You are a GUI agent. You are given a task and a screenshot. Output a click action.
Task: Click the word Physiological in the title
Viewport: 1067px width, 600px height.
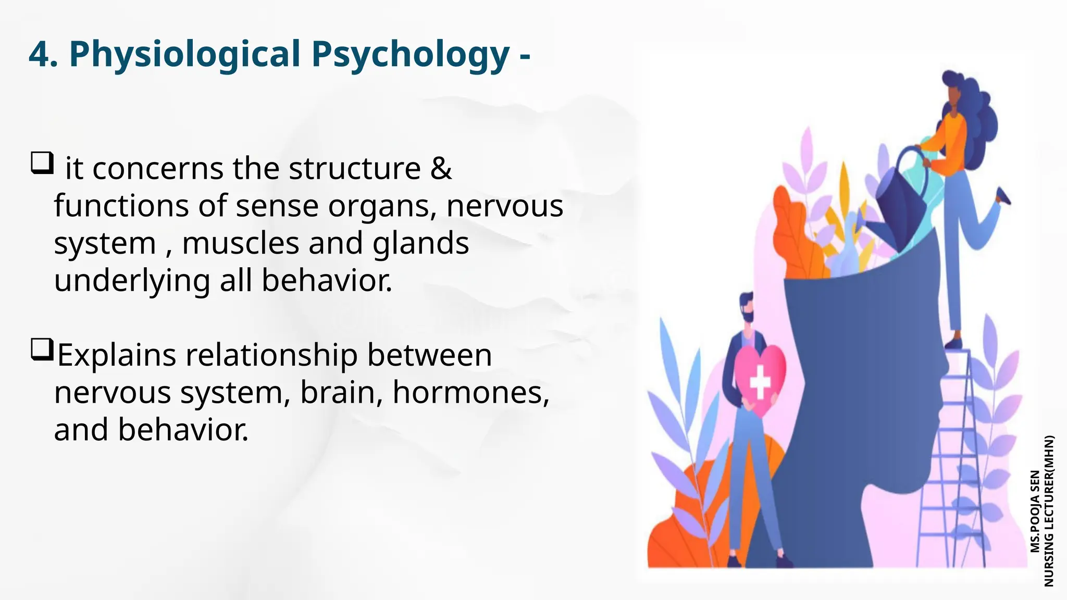tap(184, 55)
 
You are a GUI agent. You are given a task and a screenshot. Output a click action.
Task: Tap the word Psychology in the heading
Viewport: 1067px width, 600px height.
tap(410, 55)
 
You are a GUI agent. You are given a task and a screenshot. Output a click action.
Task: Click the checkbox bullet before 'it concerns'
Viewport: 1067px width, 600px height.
tap(42, 162)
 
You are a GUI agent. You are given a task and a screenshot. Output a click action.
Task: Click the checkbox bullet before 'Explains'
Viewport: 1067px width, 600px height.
tap(42, 349)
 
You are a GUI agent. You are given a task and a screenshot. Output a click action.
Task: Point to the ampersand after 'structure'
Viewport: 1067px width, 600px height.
tap(441, 169)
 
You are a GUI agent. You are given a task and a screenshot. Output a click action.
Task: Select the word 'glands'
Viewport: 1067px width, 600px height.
tap(420, 243)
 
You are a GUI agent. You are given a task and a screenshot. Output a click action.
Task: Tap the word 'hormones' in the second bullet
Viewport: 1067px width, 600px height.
tap(470, 392)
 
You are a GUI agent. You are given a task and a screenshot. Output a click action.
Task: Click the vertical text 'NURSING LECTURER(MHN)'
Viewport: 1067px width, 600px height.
tap(1049, 511)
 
